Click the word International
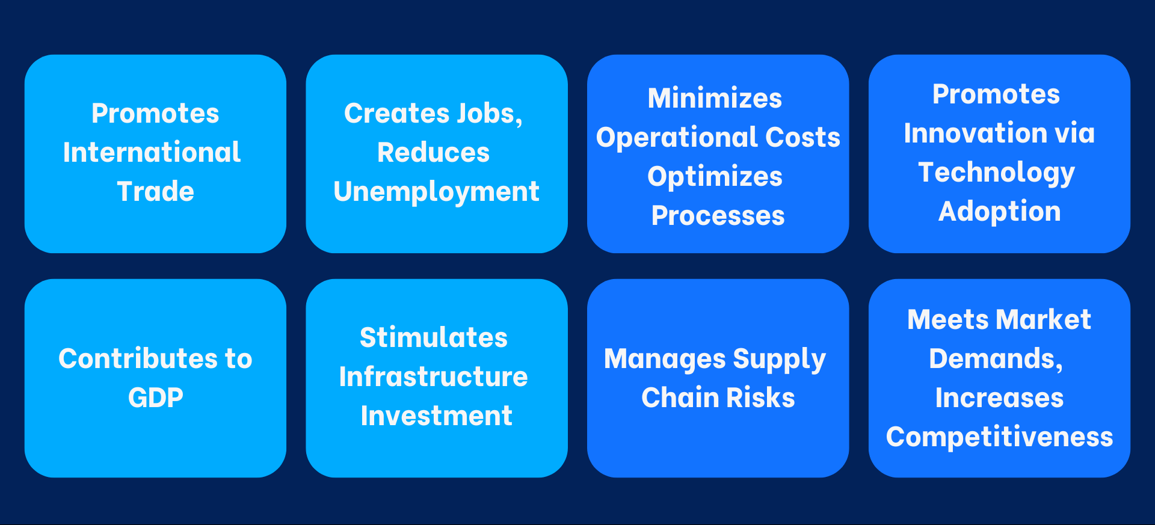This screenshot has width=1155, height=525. [152, 152]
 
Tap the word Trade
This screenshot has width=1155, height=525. [155, 191]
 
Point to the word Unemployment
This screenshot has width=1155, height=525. [436, 191]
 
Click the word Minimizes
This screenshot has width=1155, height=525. [715, 98]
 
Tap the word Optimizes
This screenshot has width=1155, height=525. [715, 176]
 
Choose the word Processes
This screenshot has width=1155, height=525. [718, 215]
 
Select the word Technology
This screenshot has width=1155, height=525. [996, 173]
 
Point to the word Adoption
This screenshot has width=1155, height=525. [999, 211]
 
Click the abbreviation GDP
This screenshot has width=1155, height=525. [155, 398]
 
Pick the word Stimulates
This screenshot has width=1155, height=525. [433, 337]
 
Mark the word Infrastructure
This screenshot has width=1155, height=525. [433, 376]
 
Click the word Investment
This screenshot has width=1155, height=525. [436, 416]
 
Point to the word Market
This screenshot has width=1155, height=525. [1044, 319]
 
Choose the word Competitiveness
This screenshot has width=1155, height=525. [999, 437]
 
